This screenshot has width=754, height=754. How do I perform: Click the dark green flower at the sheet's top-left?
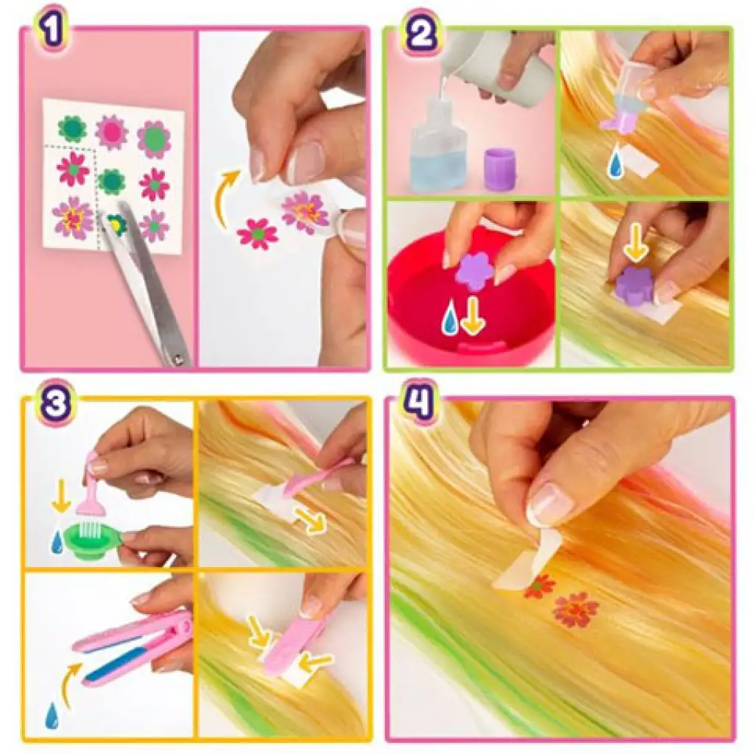(72, 128)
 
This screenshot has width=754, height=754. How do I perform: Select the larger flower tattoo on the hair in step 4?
(575, 610)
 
